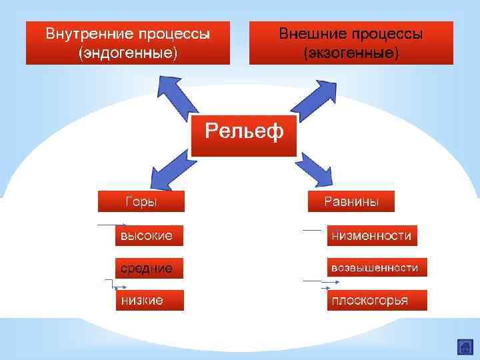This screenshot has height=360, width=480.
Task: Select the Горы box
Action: point(141,201)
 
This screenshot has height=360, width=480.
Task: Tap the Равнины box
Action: point(351,201)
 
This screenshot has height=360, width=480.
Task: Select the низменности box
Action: point(371,235)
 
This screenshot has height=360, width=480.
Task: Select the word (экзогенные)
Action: point(351,52)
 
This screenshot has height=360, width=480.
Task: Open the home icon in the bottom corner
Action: point(465,347)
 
